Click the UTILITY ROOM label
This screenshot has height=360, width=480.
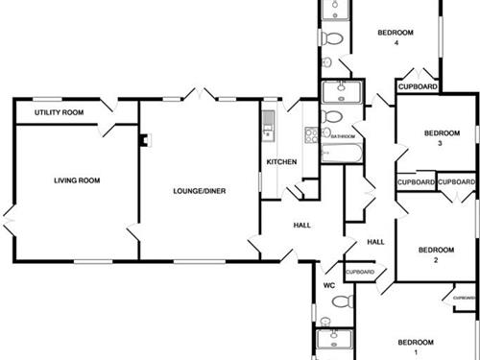coord(59,112)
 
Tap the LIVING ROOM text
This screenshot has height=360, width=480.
coord(77,180)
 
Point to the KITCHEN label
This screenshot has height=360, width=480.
coord(281,161)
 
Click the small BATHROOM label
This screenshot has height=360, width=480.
coord(344,136)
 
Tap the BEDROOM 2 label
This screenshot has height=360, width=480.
coord(435,254)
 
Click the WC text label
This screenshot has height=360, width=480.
coord(328,285)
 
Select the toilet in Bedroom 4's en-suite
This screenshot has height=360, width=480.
coord(332,39)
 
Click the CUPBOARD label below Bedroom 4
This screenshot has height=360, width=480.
coord(419,86)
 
